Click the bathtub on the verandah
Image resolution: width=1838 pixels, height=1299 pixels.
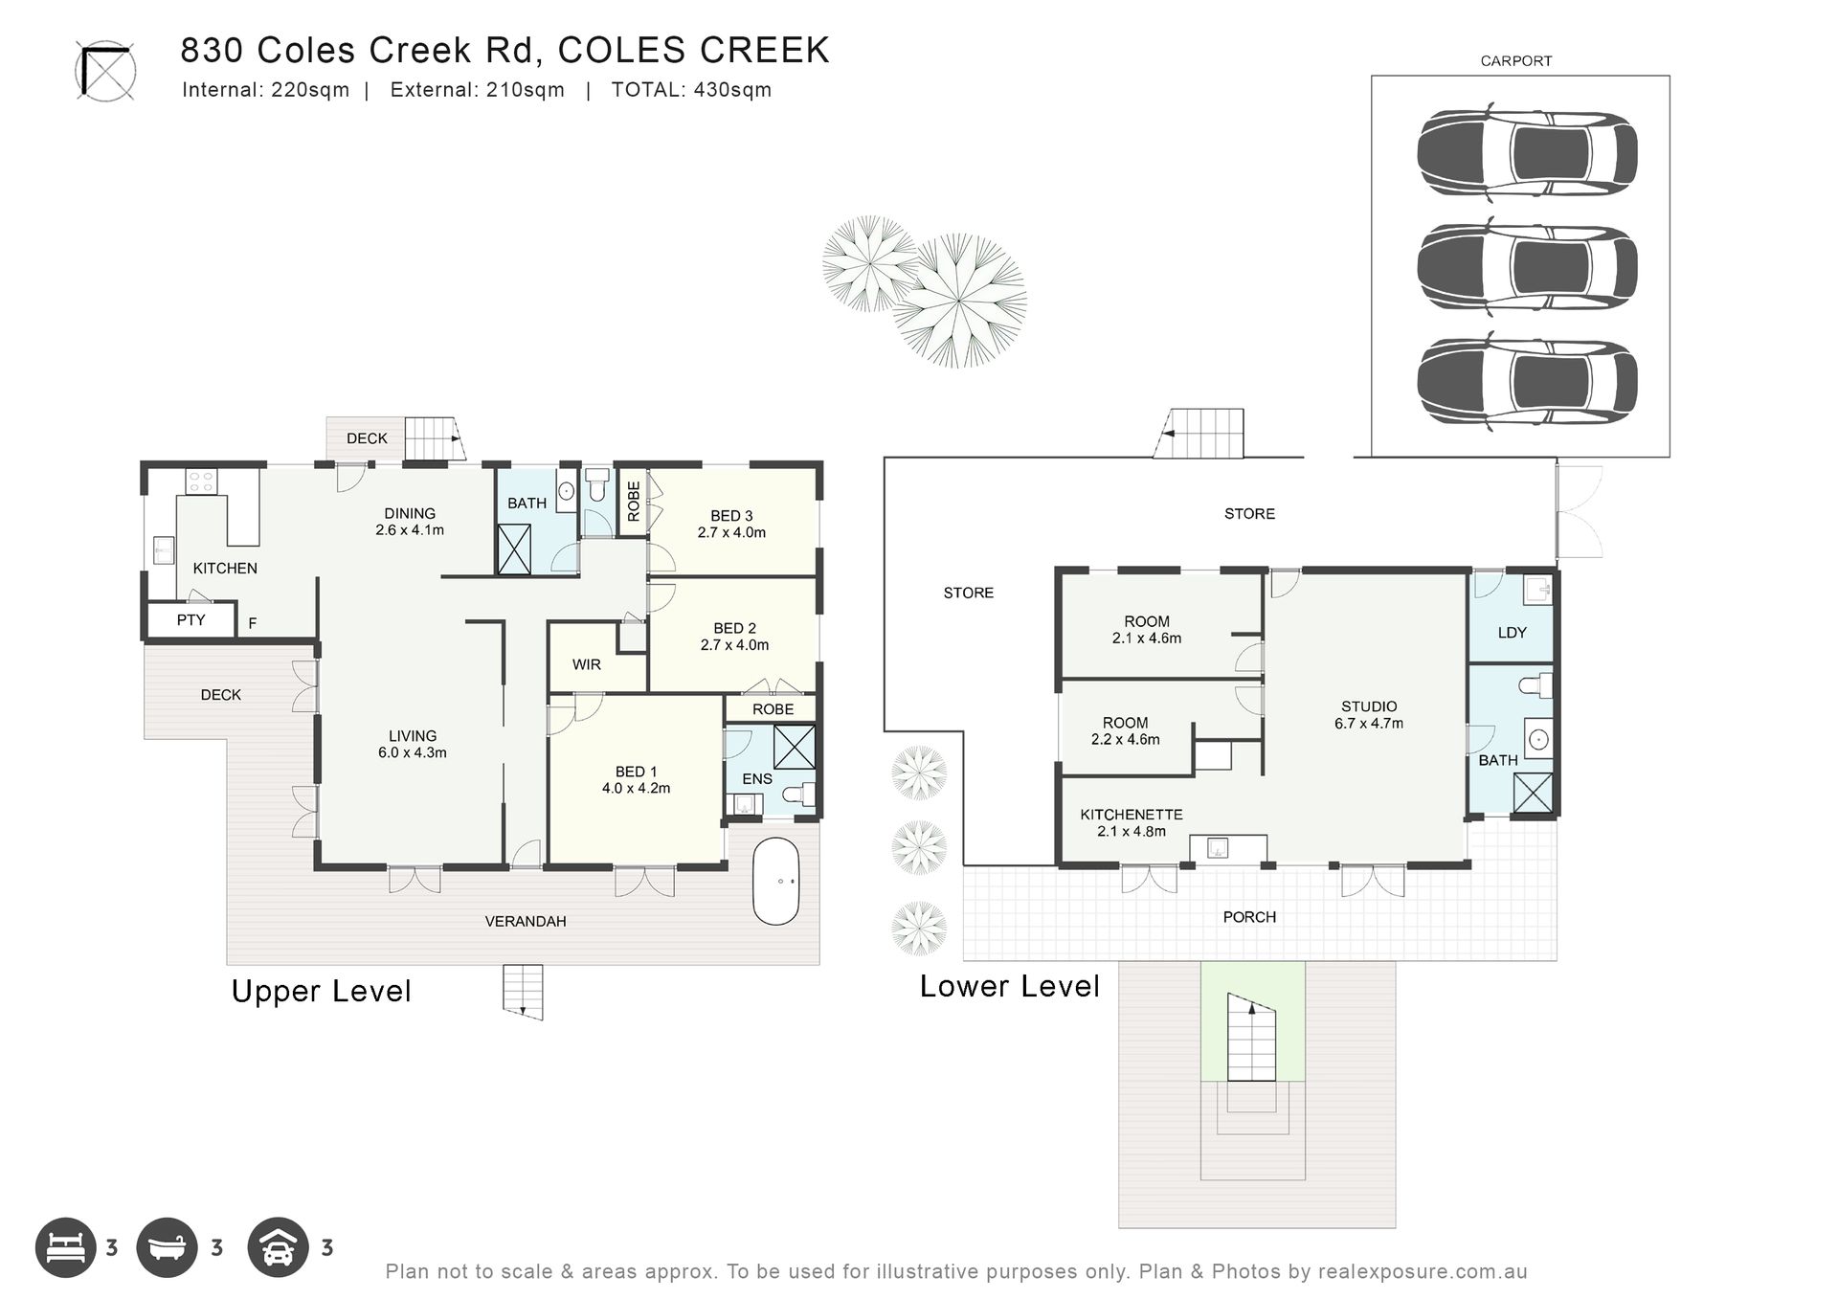click(775, 882)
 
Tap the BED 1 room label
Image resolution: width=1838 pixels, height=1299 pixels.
click(636, 772)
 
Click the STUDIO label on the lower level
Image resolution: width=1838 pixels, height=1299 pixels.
click(1369, 706)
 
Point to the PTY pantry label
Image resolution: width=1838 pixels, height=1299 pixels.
click(191, 620)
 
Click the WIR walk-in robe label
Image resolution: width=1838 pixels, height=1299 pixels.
click(587, 664)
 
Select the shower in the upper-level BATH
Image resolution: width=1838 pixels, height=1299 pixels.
click(514, 549)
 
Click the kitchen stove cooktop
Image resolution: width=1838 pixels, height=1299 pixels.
click(200, 481)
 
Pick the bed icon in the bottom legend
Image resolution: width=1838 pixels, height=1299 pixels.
click(66, 1247)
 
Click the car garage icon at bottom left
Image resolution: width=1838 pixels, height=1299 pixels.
click(278, 1247)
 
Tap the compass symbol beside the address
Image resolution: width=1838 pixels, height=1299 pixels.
click(105, 71)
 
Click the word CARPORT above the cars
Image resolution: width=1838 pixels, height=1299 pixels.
click(1516, 61)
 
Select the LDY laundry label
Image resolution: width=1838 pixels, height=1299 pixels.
click(1512, 632)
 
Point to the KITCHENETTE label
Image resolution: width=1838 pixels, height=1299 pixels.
click(1132, 815)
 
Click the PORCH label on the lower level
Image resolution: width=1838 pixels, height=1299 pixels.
click(1249, 917)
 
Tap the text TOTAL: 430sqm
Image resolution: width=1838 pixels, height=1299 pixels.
click(691, 90)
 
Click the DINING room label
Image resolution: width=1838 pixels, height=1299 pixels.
click(410, 513)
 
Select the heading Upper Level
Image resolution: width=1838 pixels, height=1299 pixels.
click(322, 991)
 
